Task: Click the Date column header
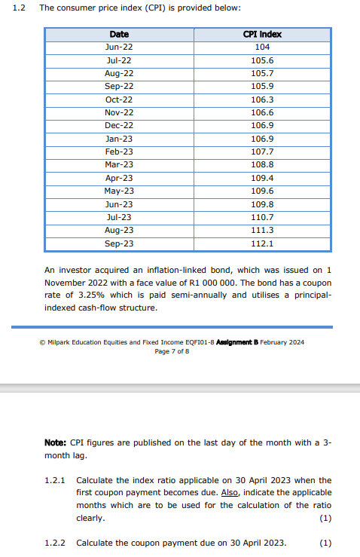tap(119, 35)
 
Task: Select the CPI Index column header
tap(263, 35)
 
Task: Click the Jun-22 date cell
tap(119, 47)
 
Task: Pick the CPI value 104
tap(263, 47)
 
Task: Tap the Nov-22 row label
tap(119, 112)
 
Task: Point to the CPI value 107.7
tap(263, 151)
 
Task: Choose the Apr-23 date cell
tap(119, 178)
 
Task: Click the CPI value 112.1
tap(263, 243)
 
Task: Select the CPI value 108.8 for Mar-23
tap(263, 164)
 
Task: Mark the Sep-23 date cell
tap(119, 243)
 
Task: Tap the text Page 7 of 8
tap(171, 351)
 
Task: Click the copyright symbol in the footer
tap(42, 342)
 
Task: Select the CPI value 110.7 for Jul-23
tap(263, 217)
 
